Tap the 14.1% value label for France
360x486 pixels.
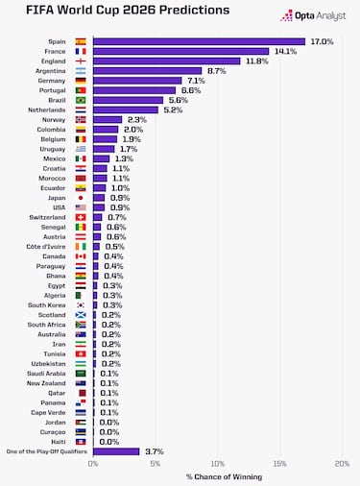285,51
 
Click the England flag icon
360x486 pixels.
81,61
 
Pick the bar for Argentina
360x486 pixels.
147,70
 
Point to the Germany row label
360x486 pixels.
53,81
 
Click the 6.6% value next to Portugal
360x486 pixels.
191,90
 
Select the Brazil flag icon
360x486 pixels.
81,100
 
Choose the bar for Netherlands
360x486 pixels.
126,109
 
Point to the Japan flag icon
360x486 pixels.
81,198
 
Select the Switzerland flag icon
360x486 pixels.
81,217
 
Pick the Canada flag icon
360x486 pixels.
81,256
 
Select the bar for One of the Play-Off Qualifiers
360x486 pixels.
116,451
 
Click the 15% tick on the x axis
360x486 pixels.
279,464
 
